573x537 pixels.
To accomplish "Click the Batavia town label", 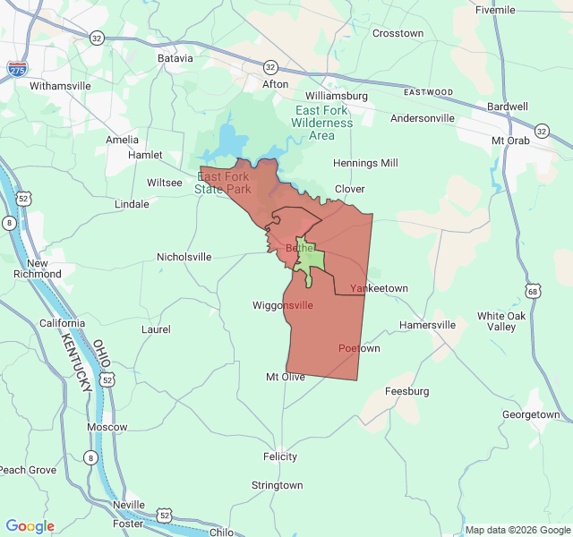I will click(175, 58).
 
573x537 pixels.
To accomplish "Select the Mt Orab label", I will click(510, 141).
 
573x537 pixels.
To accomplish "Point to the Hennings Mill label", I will click(365, 163).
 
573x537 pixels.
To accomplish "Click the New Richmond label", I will click(44, 268).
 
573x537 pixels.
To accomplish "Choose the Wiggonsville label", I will click(283, 305).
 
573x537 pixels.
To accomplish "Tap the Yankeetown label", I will click(379, 288).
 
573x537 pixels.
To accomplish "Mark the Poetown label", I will click(359, 348).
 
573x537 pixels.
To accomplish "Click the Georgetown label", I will click(531, 414).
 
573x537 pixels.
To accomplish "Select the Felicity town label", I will click(279, 456).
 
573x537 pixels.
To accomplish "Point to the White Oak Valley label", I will click(502, 321).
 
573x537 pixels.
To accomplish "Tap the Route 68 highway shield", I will click(534, 291).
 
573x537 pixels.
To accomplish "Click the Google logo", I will click(30, 526).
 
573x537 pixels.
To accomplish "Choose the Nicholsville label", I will click(184, 257).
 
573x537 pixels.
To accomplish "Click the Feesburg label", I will click(406, 391).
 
